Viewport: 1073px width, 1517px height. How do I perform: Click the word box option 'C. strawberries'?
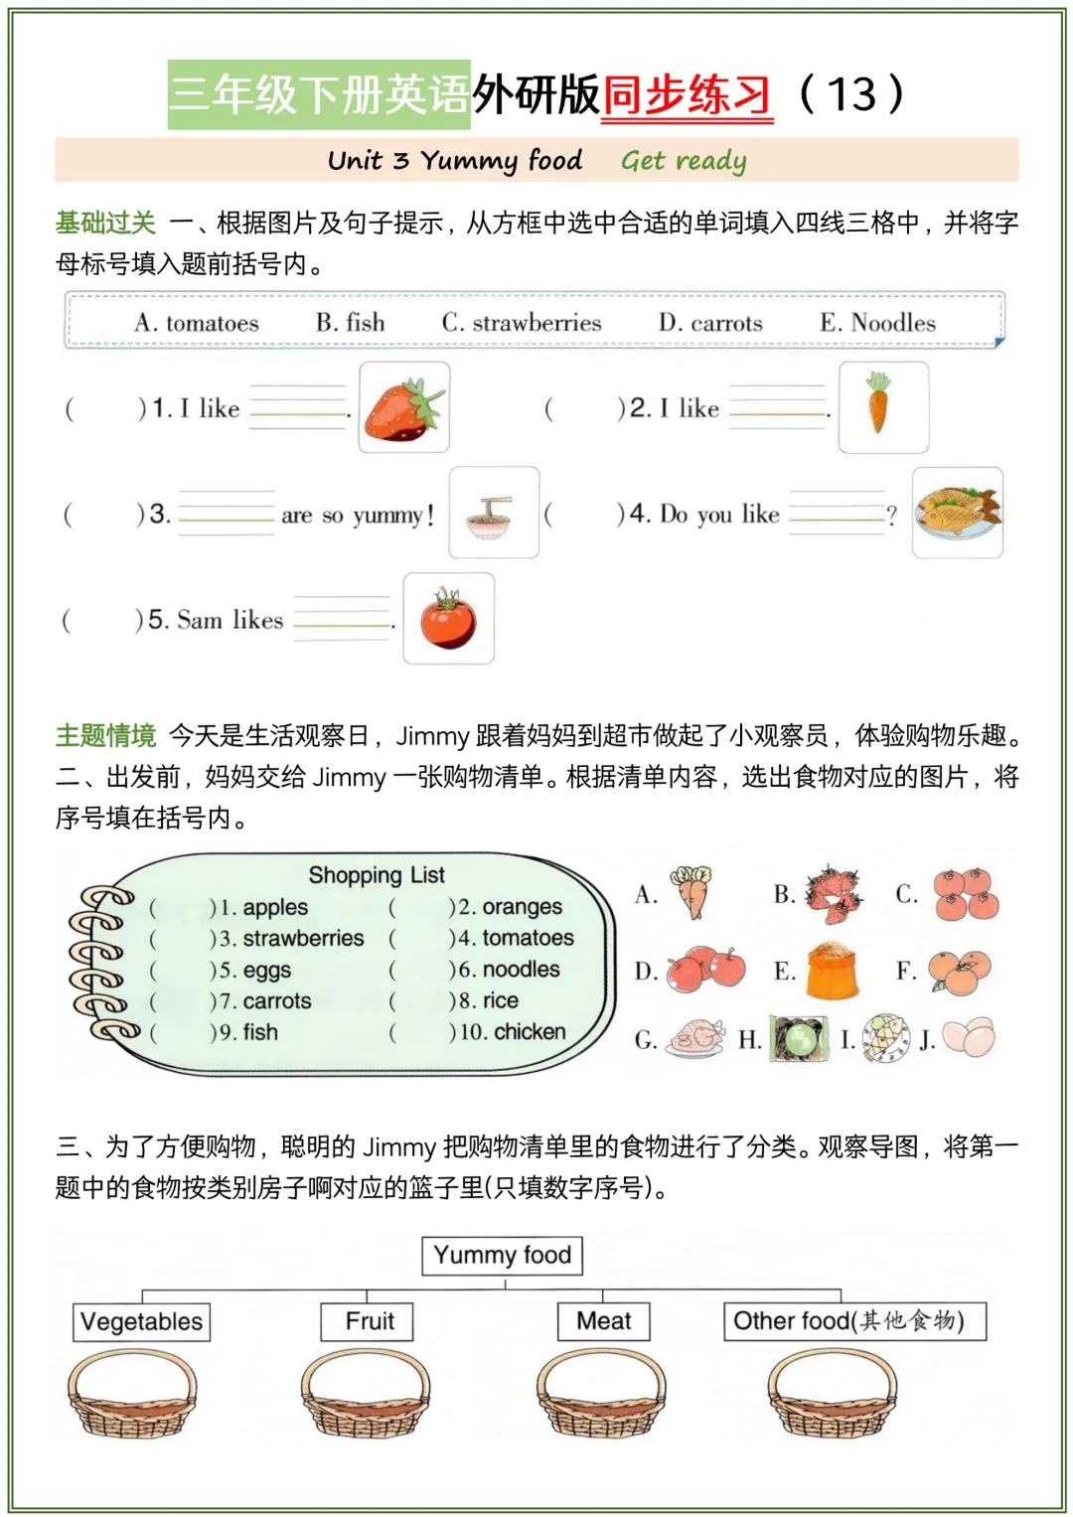point(522,323)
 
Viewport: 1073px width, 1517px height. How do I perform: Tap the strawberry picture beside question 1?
point(403,407)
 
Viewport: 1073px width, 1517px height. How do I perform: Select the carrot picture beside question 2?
point(882,406)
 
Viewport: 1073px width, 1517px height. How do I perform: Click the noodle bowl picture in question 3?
point(494,513)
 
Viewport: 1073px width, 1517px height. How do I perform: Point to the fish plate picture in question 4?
point(958,513)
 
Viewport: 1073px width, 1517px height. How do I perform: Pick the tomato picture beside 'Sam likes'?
point(448,618)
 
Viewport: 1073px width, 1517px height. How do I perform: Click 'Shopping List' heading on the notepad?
point(377,875)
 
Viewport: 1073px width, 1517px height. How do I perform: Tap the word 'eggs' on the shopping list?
point(267,970)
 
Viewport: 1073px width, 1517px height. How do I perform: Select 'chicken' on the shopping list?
point(530,1032)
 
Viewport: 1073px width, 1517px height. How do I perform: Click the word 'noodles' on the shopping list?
point(522,969)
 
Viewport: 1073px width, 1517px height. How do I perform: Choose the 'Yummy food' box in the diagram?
point(502,1256)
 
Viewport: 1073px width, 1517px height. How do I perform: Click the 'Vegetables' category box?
point(142,1322)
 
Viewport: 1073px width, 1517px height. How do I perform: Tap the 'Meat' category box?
point(603,1321)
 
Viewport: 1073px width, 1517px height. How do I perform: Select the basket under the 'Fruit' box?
point(366,1393)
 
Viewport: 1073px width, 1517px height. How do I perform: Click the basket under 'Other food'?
point(833,1393)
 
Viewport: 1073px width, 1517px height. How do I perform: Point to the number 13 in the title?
point(851,95)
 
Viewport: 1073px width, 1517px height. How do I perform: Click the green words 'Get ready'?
point(684,161)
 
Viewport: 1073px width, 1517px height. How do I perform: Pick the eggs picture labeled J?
point(968,1037)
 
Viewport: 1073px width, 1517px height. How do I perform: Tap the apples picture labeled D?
point(706,969)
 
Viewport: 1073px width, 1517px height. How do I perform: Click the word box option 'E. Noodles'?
point(877,323)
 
